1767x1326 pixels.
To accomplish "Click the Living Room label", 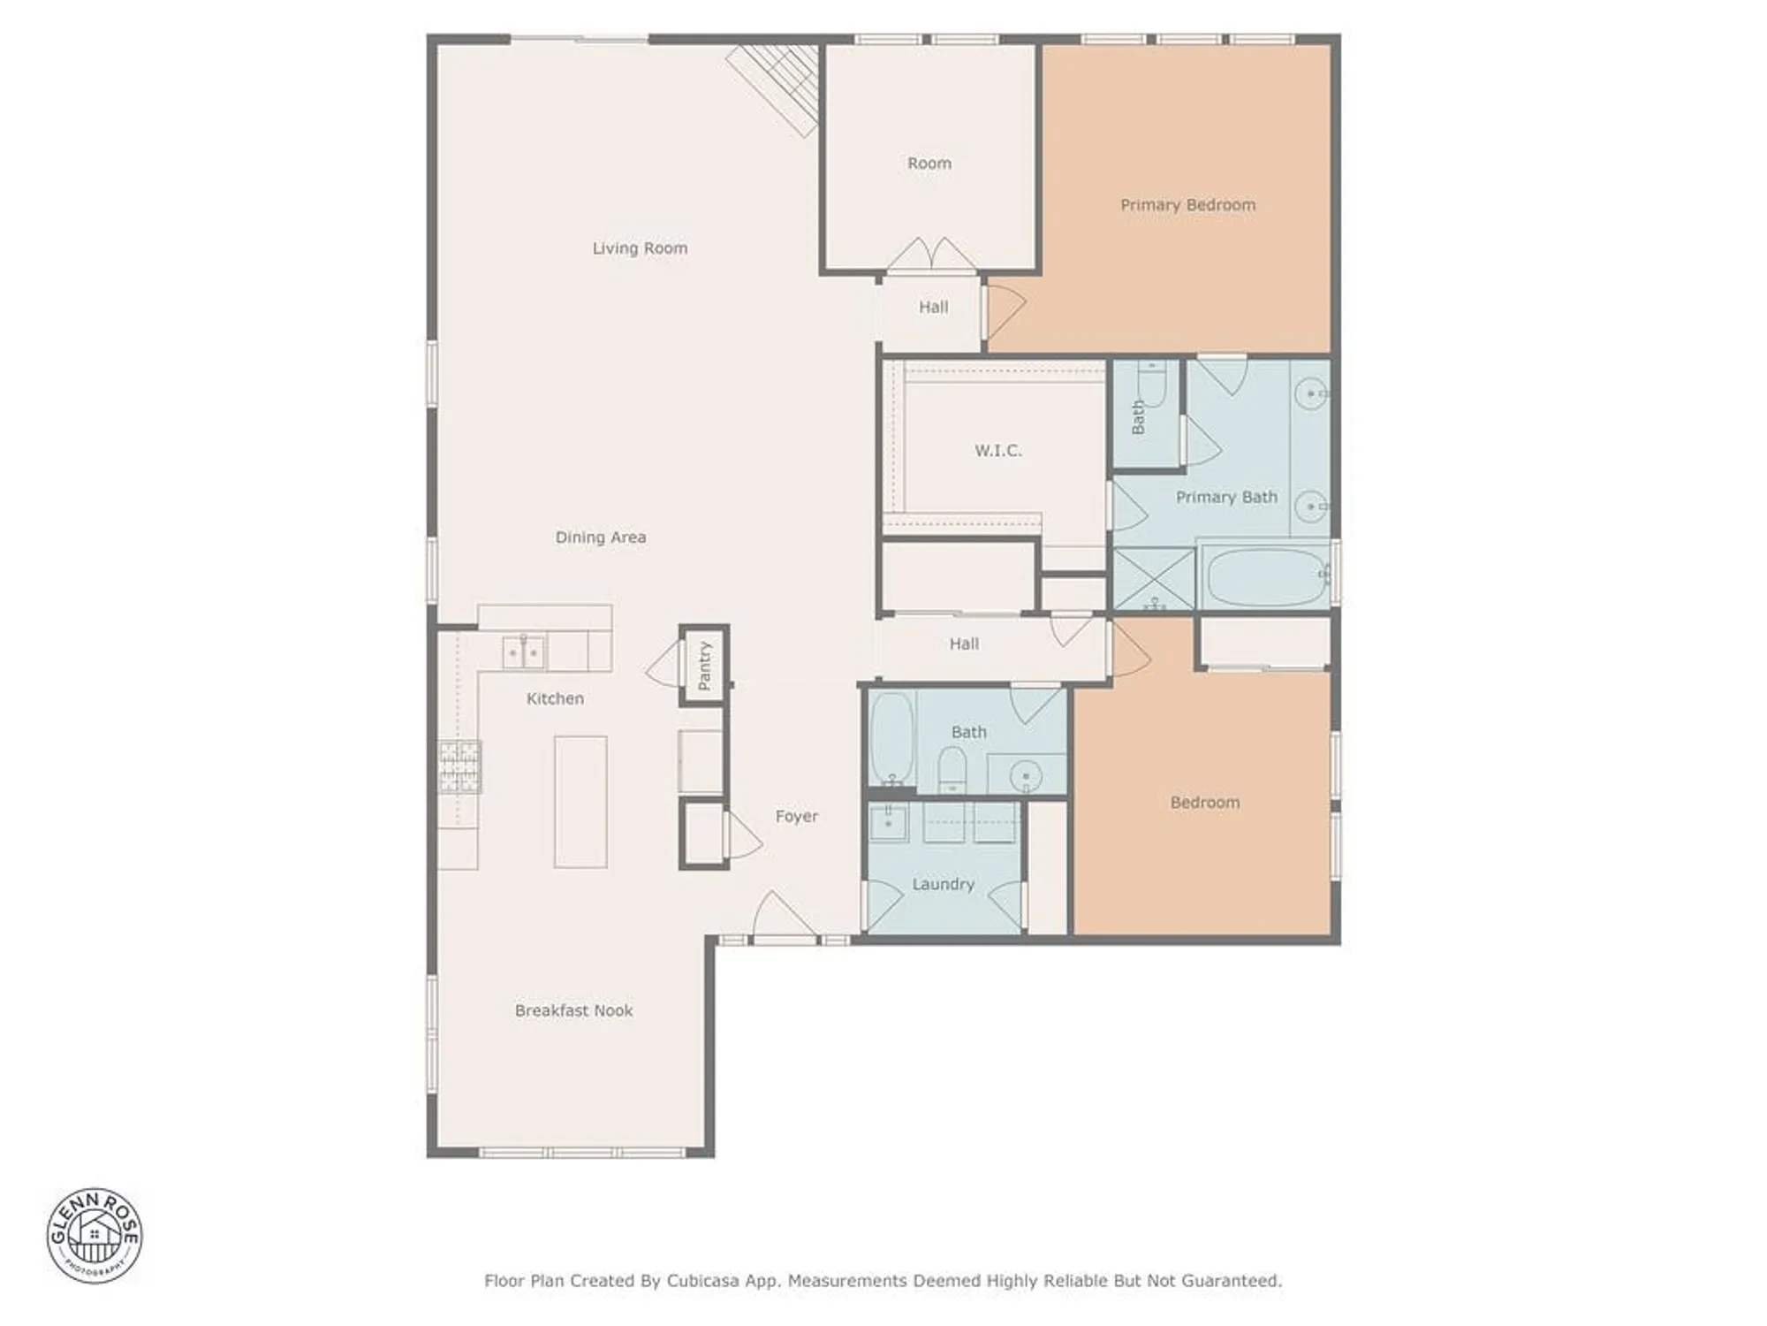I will click(x=640, y=248).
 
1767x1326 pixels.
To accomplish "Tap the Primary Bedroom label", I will click(x=1187, y=205).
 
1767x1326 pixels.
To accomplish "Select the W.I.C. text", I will click(x=998, y=451).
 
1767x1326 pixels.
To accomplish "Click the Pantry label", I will click(x=704, y=665).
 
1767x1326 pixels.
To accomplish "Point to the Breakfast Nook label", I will click(x=573, y=1010).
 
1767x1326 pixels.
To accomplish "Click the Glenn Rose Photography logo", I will click(x=95, y=1235).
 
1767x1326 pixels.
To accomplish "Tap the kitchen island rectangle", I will click(x=580, y=802).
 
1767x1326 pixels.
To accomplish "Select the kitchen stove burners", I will click(x=460, y=766).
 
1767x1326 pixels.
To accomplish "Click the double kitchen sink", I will click(x=524, y=652).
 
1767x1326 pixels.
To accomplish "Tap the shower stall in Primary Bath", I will click(x=1153, y=579).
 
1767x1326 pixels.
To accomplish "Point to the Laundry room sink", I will click(x=888, y=822).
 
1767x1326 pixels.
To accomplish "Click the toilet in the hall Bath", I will click(x=952, y=769).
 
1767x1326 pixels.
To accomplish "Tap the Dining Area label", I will click(x=600, y=537).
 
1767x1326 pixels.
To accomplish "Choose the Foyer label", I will click(x=796, y=817).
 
